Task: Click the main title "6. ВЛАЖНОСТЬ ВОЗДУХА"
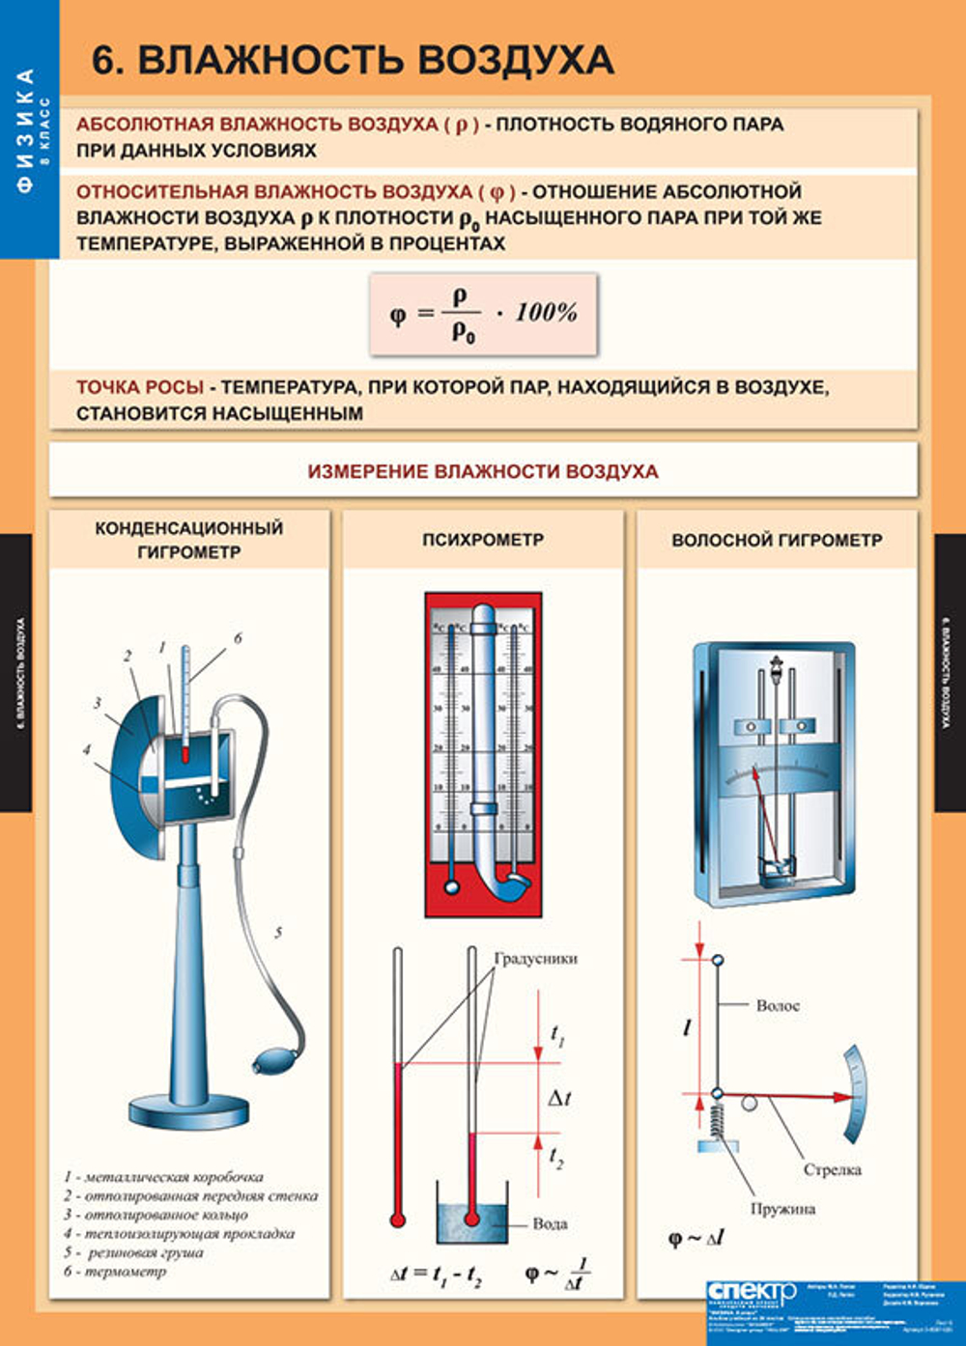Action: click(353, 60)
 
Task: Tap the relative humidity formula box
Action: click(483, 314)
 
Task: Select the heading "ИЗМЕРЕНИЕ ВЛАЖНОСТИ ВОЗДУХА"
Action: click(483, 471)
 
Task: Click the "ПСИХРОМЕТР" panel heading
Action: click(483, 540)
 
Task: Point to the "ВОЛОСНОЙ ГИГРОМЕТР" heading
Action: click(777, 540)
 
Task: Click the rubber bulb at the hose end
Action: click(269, 1063)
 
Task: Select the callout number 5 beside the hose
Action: click(278, 933)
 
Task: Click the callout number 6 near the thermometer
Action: click(238, 638)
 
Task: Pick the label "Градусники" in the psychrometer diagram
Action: click(535, 959)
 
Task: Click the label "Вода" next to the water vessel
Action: click(550, 1223)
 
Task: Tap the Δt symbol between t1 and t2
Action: click(559, 1098)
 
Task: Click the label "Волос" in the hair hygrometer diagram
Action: click(778, 1005)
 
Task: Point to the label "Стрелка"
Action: click(832, 1169)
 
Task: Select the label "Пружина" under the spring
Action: click(782, 1209)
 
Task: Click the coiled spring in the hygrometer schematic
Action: click(717, 1120)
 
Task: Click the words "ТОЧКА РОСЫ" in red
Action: click(140, 387)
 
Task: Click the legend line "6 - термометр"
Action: click(115, 1272)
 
